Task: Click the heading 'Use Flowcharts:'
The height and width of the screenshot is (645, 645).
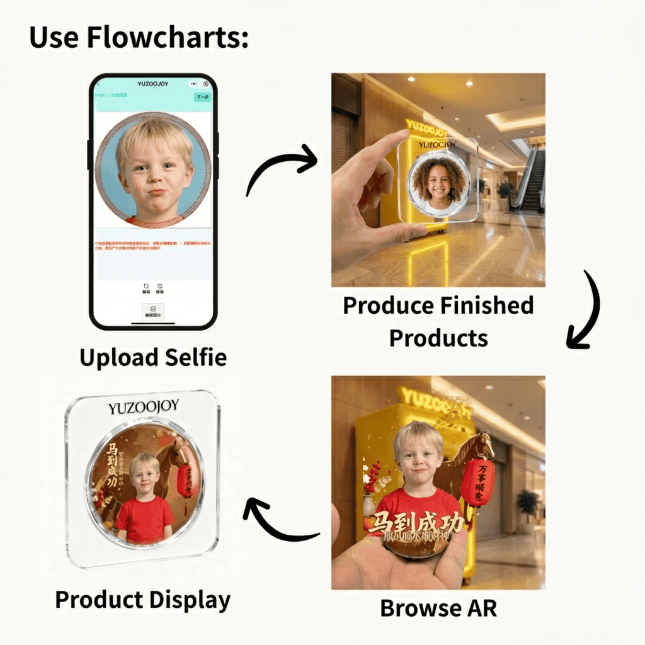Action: point(139,38)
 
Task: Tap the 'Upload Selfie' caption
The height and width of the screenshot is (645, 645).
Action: point(153,358)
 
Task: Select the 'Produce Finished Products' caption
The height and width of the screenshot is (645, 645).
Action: point(438,321)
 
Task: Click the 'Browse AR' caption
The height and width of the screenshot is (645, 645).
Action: point(438,608)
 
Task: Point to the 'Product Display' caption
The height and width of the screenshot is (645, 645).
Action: point(143,599)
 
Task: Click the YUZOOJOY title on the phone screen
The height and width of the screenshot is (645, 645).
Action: point(153,84)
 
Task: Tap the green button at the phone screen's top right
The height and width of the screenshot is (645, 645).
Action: point(202,97)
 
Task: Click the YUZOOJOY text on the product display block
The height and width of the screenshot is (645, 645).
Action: point(144,408)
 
